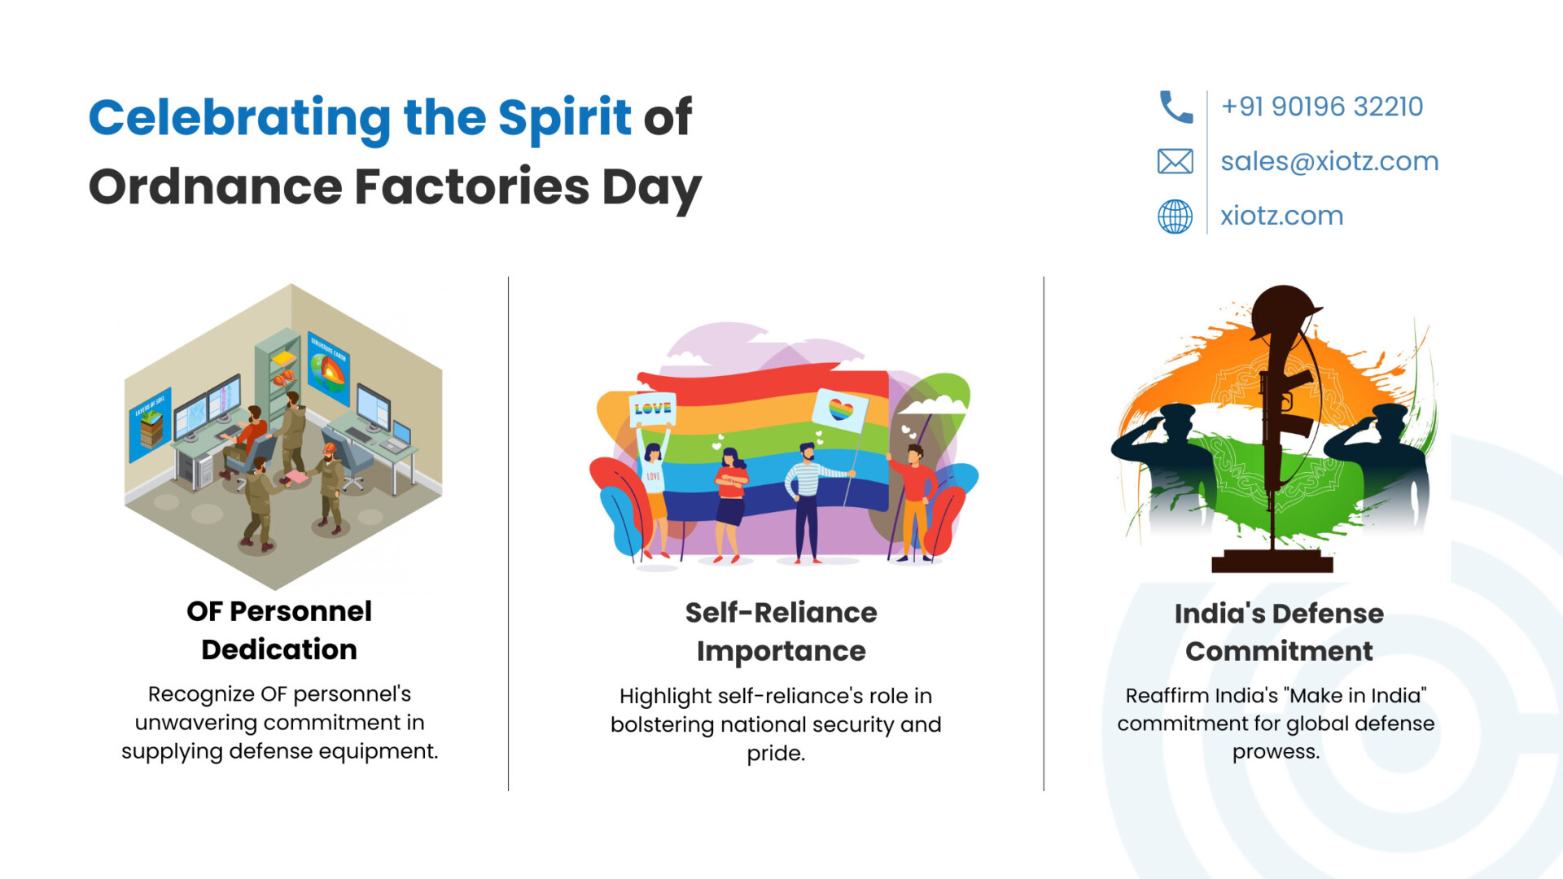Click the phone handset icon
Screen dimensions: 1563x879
point(1176,107)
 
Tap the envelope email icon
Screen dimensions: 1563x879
point(1175,161)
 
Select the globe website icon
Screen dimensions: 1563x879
point(1175,216)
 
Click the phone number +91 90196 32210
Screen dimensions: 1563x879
point(1322,107)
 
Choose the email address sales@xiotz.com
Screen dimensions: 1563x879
point(1329,161)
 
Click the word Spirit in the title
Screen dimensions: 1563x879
point(564,117)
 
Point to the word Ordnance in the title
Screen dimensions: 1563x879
point(216,186)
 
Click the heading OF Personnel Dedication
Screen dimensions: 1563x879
point(279,630)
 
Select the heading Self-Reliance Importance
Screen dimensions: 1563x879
point(781,632)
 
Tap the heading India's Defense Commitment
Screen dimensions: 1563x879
point(1279,632)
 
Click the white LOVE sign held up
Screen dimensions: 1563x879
point(653,409)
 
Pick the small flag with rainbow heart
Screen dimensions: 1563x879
point(840,409)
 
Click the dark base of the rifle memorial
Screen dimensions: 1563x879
point(1272,561)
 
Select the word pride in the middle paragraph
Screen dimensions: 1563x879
point(776,754)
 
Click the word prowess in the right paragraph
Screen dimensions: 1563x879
point(1276,752)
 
